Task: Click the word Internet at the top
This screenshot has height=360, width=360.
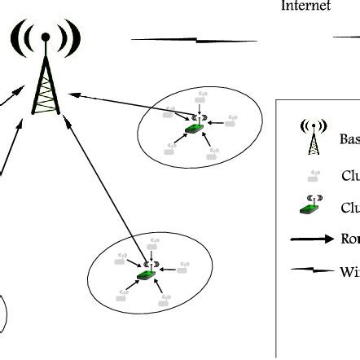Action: point(306,7)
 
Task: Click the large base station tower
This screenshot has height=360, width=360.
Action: point(46,81)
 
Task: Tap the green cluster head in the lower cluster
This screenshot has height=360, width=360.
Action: point(147,274)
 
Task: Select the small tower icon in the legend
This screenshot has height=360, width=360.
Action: point(312,138)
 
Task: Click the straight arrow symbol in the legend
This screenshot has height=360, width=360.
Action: point(312,239)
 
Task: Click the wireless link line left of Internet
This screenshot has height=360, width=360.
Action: point(194,38)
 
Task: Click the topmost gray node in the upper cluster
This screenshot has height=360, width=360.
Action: point(200,99)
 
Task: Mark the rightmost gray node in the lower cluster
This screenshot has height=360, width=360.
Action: point(183,266)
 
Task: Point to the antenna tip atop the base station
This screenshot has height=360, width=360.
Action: point(46,36)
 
